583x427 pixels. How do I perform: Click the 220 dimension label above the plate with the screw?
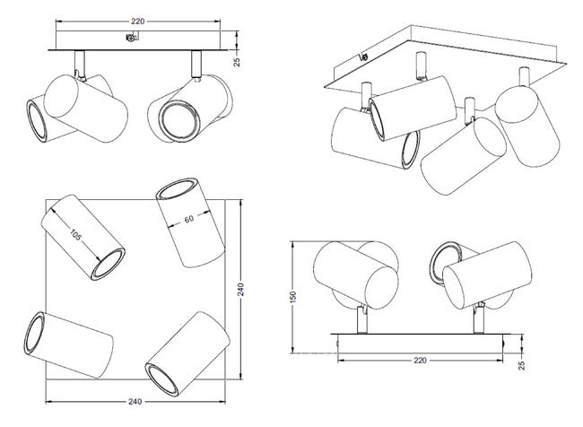[137, 22]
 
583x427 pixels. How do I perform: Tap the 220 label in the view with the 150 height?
[420, 361]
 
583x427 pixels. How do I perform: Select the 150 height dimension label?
[293, 296]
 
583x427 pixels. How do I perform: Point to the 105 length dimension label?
[75, 234]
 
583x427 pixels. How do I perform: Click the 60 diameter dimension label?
[189, 219]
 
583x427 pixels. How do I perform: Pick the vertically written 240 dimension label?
[241, 290]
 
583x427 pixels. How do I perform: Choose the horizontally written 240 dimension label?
[135, 402]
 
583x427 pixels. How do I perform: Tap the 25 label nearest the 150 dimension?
[522, 365]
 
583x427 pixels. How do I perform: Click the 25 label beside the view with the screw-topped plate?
[237, 62]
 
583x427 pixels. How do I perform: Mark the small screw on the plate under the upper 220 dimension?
[130, 38]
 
